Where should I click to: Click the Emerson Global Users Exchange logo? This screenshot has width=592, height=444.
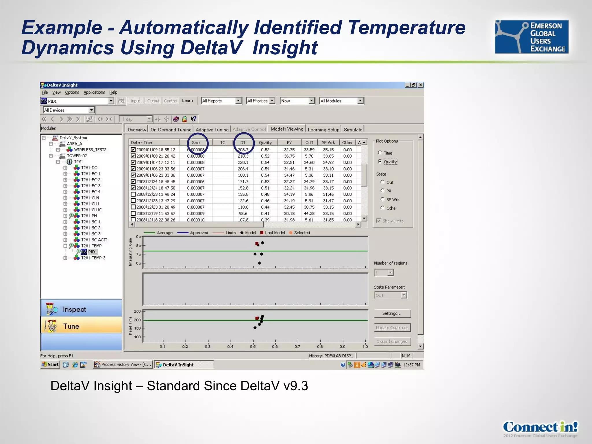click(531, 37)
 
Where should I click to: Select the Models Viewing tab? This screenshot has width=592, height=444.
click(287, 129)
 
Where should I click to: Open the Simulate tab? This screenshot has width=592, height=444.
click(353, 129)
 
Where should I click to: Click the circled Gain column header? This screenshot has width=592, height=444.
click(196, 143)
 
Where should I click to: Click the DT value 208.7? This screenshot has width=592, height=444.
click(243, 150)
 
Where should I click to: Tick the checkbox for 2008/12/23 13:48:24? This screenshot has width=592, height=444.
click(133, 194)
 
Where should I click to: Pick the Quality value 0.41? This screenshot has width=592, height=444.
click(265, 213)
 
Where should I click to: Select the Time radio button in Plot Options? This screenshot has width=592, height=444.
click(380, 153)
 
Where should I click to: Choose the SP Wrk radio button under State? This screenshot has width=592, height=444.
click(383, 199)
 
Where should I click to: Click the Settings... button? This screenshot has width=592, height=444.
click(392, 313)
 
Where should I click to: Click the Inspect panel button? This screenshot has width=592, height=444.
click(81, 309)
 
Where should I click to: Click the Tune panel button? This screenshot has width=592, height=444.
click(81, 326)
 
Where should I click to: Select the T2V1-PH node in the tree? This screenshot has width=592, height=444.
click(89, 216)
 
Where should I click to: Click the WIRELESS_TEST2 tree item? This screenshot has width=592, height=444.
click(90, 150)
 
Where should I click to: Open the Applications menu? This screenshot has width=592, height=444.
click(94, 92)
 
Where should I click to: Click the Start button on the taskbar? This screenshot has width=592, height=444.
click(50, 365)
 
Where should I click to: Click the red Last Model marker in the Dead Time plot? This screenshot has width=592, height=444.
click(257, 318)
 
